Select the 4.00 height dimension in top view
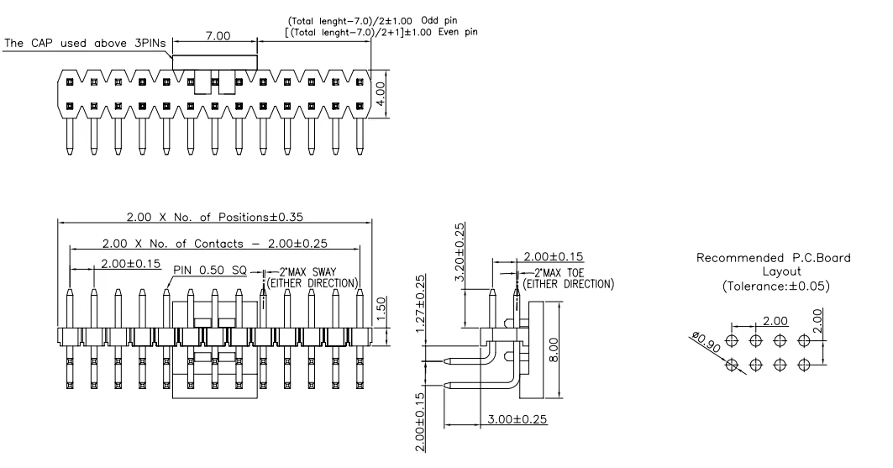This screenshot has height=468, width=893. (381, 92)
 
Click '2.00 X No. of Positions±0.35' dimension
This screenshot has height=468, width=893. (215, 216)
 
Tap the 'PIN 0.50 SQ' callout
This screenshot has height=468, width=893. (211, 271)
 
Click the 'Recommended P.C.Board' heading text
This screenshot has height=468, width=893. (774, 257)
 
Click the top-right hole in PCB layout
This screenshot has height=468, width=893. (806, 340)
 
